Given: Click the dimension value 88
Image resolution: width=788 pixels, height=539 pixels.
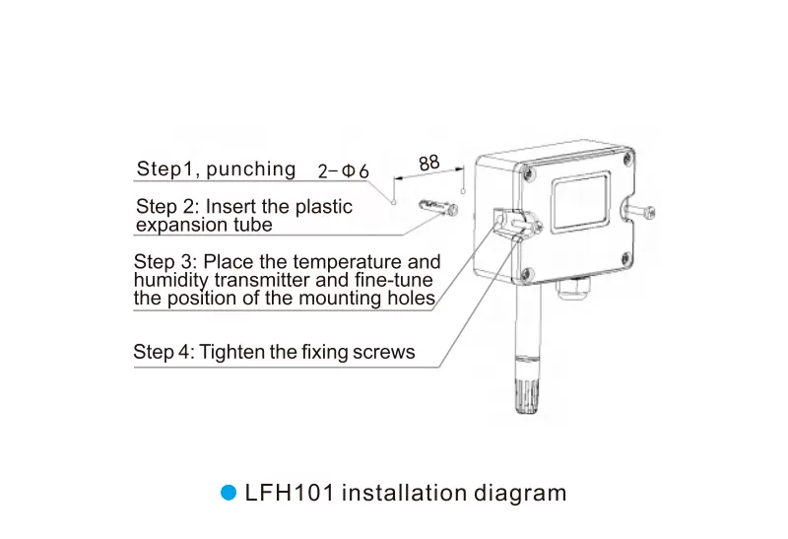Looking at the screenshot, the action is click(x=429, y=163).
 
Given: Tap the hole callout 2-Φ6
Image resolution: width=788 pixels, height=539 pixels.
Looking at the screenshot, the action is click(x=344, y=171).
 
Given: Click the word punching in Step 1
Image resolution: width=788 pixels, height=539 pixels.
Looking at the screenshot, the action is click(x=251, y=169).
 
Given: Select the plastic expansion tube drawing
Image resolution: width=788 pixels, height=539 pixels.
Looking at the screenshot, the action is click(x=438, y=207).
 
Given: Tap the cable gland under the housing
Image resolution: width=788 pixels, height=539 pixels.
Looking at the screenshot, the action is click(x=571, y=288).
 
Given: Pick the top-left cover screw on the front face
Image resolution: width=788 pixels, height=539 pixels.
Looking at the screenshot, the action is click(x=529, y=173).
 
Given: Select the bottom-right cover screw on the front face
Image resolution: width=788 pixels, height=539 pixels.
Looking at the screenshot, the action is click(x=626, y=258).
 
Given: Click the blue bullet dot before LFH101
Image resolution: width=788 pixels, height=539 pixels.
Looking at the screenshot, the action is click(x=229, y=493).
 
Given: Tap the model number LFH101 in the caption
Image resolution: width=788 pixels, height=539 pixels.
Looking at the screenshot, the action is click(x=290, y=493).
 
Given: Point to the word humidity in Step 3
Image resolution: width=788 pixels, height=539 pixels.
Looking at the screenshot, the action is click(x=170, y=281).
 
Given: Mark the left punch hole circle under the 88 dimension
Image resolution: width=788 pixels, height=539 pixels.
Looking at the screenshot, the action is click(x=394, y=203).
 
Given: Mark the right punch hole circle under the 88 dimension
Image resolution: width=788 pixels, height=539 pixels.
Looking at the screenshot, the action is click(x=463, y=191).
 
